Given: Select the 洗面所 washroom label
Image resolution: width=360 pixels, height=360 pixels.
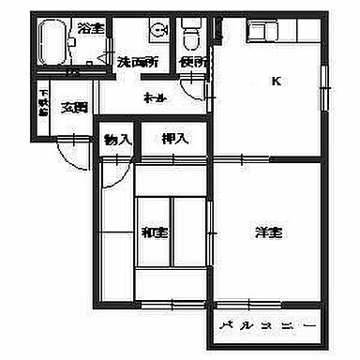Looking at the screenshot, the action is pos(136,62).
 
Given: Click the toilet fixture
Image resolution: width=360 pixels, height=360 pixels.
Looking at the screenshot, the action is pos(192,36).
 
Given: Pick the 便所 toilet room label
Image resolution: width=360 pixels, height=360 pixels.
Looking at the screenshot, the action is pos(194,62).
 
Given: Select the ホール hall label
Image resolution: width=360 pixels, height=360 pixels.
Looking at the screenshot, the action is pos(155,97).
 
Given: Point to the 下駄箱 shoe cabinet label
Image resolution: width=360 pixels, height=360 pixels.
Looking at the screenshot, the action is pos(44,101).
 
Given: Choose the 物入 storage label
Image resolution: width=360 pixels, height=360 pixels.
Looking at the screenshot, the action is pos(118,139).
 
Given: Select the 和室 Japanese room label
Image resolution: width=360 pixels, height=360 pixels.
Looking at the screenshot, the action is pos(155,232).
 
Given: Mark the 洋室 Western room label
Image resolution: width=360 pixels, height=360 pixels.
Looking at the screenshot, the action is pos(268,232).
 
